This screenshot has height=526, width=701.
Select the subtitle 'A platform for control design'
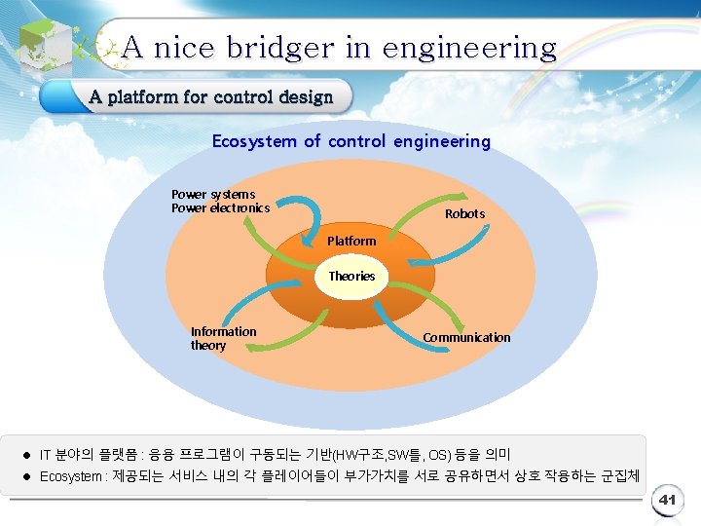click(210, 96)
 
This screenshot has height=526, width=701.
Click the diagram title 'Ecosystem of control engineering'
click(351, 141)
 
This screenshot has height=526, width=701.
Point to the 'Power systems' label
click(213, 194)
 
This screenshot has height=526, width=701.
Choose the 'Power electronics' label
click(220, 207)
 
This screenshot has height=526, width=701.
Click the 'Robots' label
click(464, 213)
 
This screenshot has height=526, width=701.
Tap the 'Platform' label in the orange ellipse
click(351, 241)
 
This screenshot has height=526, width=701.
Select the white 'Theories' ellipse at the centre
click(351, 276)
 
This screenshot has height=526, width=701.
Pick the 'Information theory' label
click(223, 338)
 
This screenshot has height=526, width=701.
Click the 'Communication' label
click(466, 337)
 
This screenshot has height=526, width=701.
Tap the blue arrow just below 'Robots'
click(428, 253)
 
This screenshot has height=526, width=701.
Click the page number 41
click(667, 500)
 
